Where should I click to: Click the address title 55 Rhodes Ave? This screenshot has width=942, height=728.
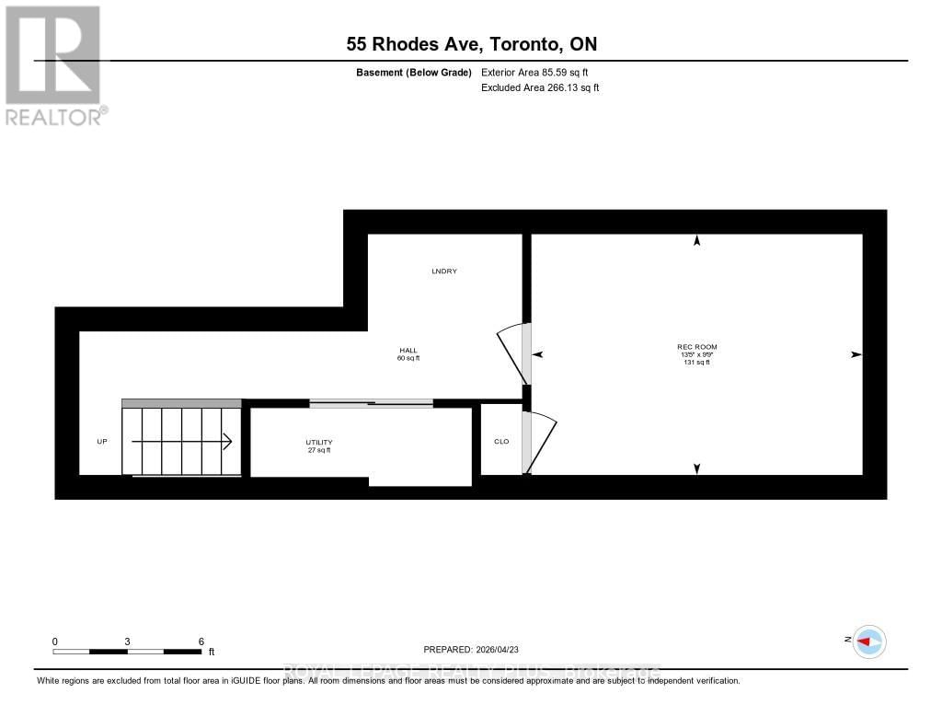coord(472,43)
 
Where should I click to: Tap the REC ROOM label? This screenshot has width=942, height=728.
coord(696,347)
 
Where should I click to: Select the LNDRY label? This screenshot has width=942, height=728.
coord(444,272)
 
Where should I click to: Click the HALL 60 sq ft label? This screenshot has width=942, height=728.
coord(408,353)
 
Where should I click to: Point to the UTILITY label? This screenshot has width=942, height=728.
coord(319,445)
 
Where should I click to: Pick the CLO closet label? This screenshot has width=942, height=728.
coord(501,442)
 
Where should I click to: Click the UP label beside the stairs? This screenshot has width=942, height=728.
coord(102,442)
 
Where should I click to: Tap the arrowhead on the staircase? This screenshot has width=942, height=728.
coord(226,442)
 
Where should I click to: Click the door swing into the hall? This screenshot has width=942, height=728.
coord(511,354)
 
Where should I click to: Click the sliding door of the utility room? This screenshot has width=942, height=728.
coord(371,403)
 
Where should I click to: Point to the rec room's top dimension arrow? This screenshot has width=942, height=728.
coord(696,241)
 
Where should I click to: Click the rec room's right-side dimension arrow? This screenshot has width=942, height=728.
coord(856,354)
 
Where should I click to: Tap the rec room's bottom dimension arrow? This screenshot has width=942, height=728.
coord(696,468)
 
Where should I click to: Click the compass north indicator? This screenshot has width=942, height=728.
coord(868,641)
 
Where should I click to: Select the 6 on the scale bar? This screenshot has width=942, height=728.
coord(201,641)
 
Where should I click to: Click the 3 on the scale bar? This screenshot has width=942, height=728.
coord(127,641)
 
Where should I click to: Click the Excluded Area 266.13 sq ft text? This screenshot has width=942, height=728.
coord(540,88)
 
